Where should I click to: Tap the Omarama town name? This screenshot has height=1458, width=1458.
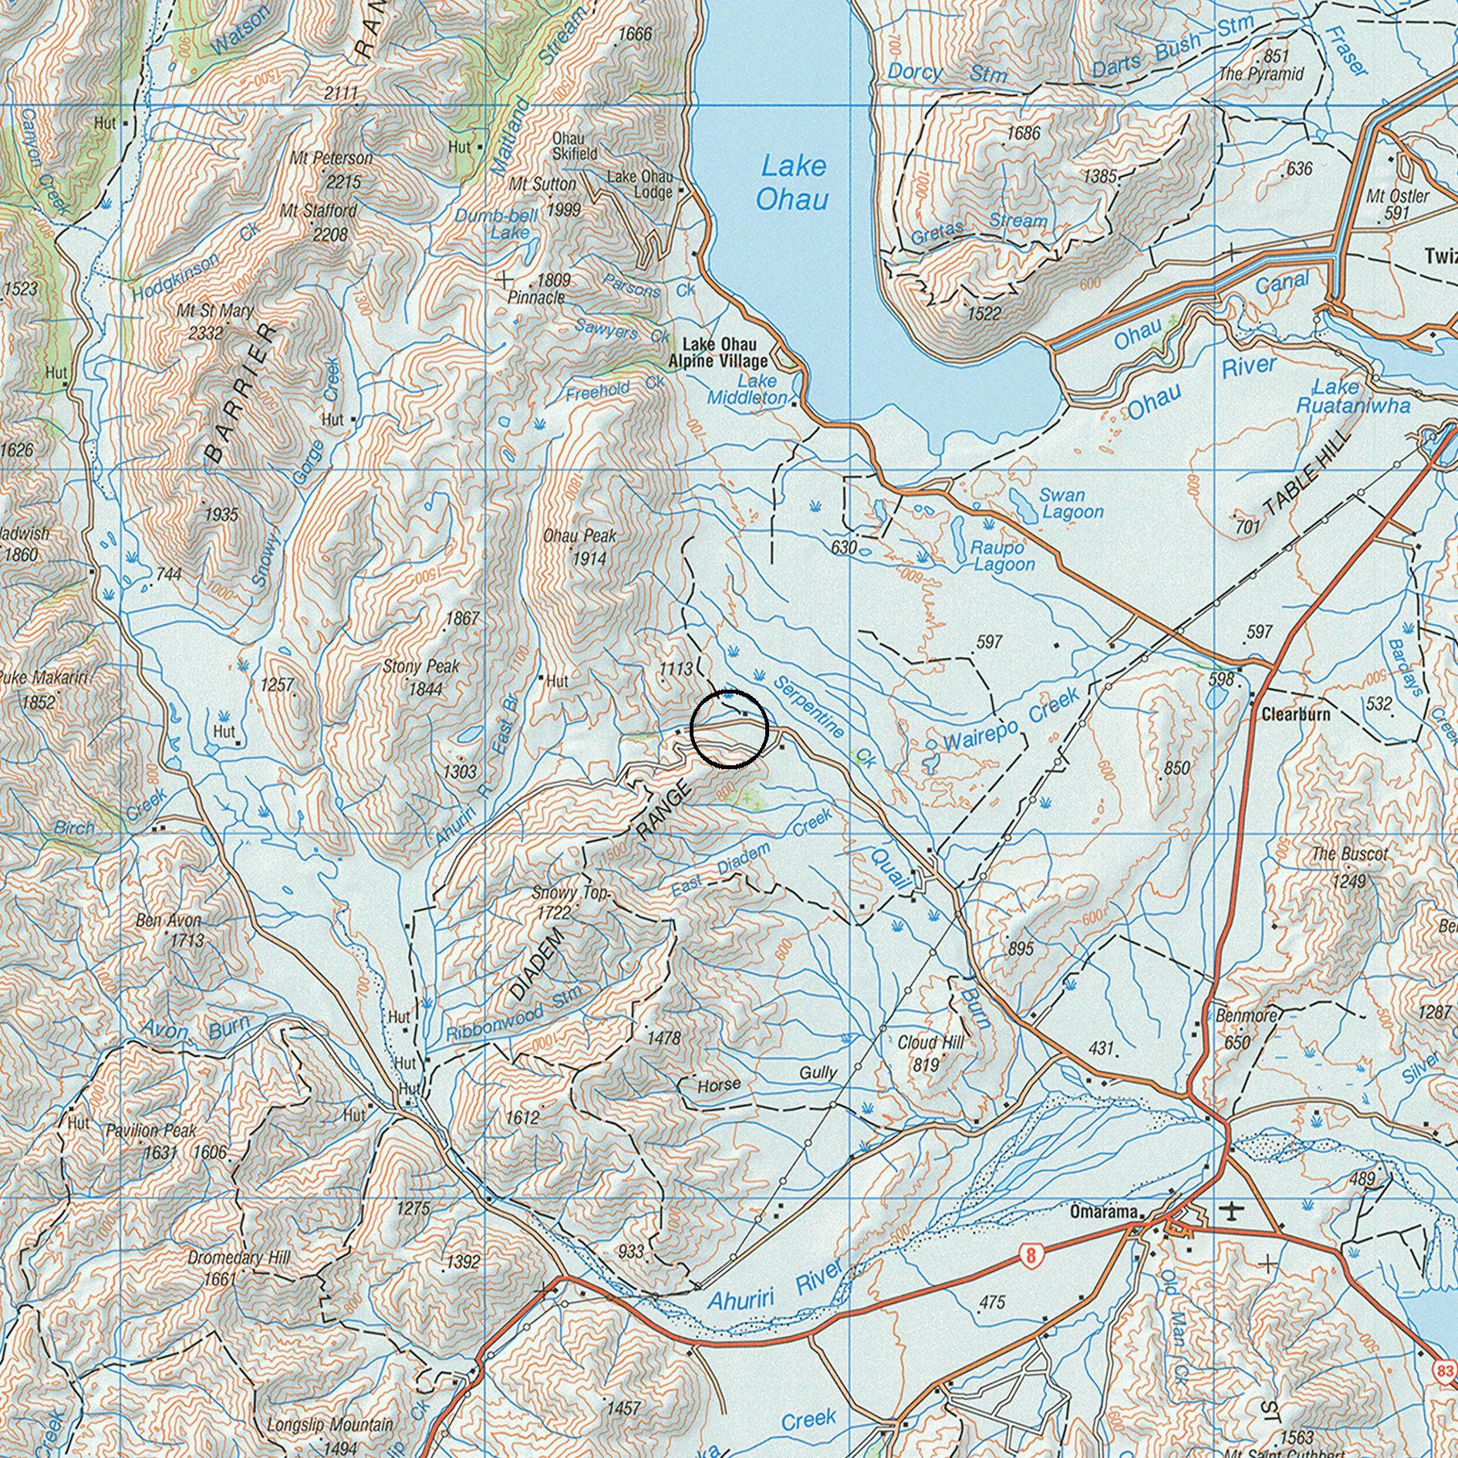point(1103,1213)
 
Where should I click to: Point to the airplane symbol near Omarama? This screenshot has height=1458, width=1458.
point(1233,1211)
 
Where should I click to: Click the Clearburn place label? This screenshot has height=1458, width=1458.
point(1295,714)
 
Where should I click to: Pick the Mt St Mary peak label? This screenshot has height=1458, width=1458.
point(214,321)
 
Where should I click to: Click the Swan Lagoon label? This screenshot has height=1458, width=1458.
point(1071,503)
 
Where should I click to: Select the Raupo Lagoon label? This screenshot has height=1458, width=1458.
point(1003,555)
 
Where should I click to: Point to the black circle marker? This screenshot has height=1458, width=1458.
point(729,729)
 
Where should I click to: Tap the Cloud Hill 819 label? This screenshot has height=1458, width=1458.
point(930,1053)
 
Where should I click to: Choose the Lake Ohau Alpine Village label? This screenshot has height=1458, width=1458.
point(718,353)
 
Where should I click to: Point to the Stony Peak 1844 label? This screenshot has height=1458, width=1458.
point(422,677)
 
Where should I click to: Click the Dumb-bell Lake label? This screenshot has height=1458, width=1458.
point(502,224)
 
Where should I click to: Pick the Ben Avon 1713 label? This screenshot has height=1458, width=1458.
point(170,930)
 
